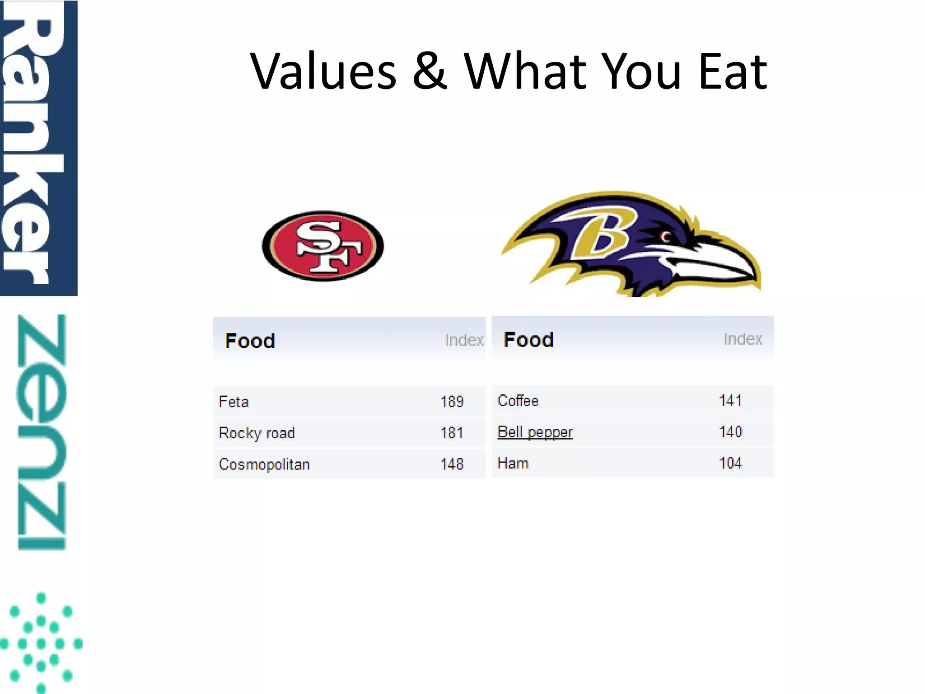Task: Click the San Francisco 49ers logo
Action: pyautogui.click(x=323, y=246)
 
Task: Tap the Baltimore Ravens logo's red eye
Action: pyautogui.click(x=665, y=236)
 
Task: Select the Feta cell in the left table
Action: pyautogui.click(x=234, y=402)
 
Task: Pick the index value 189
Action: pyautogui.click(x=452, y=402)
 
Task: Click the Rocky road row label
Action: pyautogui.click(x=257, y=433)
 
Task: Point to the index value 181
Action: pyautogui.click(x=452, y=433)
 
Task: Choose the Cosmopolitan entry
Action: pyautogui.click(x=264, y=464)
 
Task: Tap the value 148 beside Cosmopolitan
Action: pyautogui.click(x=452, y=464)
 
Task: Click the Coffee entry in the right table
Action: pyautogui.click(x=518, y=401)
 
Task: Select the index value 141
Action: pyautogui.click(x=730, y=401)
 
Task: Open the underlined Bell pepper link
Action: pyautogui.click(x=535, y=432)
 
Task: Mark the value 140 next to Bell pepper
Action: pyautogui.click(x=730, y=432)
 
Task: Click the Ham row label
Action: pyautogui.click(x=513, y=463)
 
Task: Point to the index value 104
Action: pyautogui.click(x=730, y=463)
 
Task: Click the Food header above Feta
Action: pyautogui.click(x=250, y=341)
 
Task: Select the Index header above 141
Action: pyautogui.click(x=743, y=339)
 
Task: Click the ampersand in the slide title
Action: pyautogui.click(x=430, y=71)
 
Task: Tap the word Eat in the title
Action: pyautogui.click(x=732, y=71)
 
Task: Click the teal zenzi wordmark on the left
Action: pyautogui.click(x=42, y=431)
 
